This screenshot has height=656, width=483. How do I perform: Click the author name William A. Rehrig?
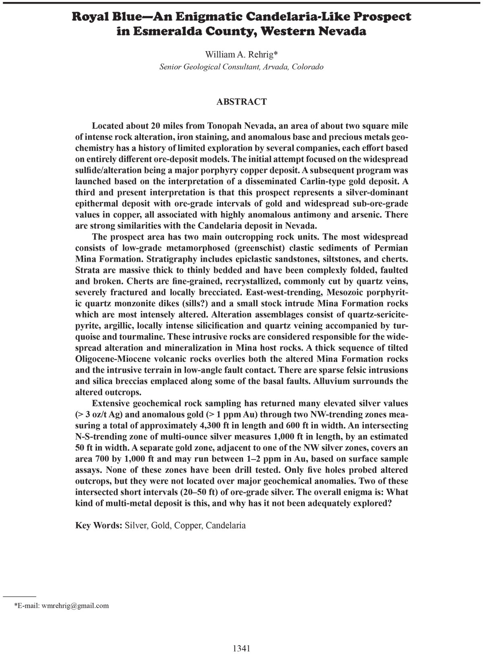[240, 54]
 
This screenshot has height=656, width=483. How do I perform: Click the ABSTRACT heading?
[242, 102]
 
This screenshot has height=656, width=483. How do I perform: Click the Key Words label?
[99, 525]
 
